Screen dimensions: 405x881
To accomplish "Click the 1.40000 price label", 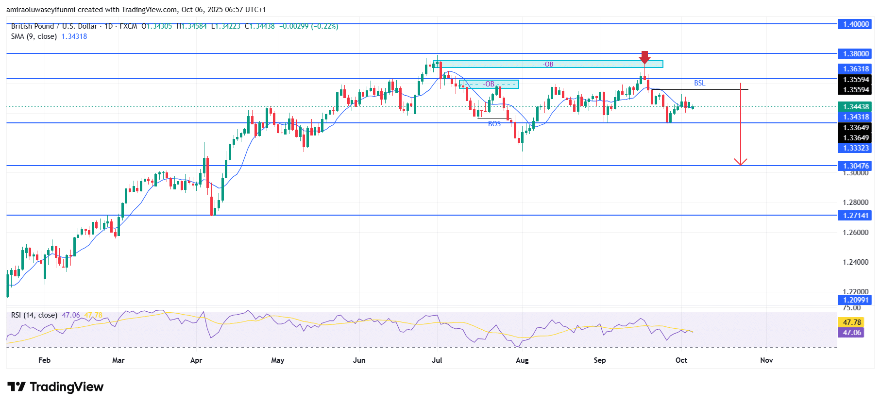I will [855, 24].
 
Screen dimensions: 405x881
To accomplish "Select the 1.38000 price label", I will [855, 54].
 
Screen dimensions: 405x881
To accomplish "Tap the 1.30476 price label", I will [855, 166].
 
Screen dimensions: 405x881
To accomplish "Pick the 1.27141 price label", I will [855, 216].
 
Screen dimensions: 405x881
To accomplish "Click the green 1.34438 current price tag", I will [855, 107].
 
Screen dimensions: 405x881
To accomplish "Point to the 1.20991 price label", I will [855, 300].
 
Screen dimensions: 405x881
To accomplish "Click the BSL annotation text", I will [699, 83].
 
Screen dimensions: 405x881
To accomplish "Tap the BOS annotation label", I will [494, 124].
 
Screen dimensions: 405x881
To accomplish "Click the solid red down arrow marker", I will [644, 57].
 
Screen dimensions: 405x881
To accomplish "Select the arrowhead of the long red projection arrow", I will [740, 162].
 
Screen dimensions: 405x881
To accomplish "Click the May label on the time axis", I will [278, 360].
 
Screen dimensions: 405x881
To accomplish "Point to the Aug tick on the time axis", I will [522, 360].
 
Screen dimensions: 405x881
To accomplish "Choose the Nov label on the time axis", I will [766, 360].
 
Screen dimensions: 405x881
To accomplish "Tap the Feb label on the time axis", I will [44, 360].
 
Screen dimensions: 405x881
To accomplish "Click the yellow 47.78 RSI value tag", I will [852, 322].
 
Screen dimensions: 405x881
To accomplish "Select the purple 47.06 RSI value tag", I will [852, 333].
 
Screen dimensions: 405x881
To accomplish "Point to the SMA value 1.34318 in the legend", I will [74, 36].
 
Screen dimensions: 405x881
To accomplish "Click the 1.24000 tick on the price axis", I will [855, 262].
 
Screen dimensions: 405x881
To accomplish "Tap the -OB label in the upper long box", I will [548, 64].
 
